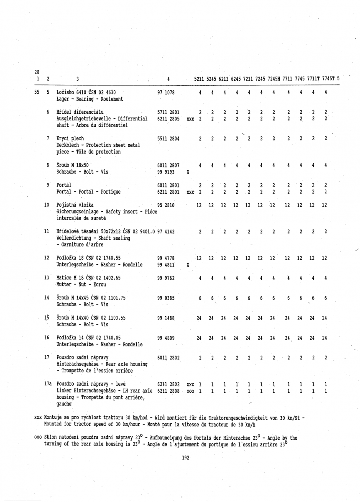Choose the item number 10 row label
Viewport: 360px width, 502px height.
47,205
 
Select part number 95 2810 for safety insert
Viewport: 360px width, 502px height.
166,205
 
